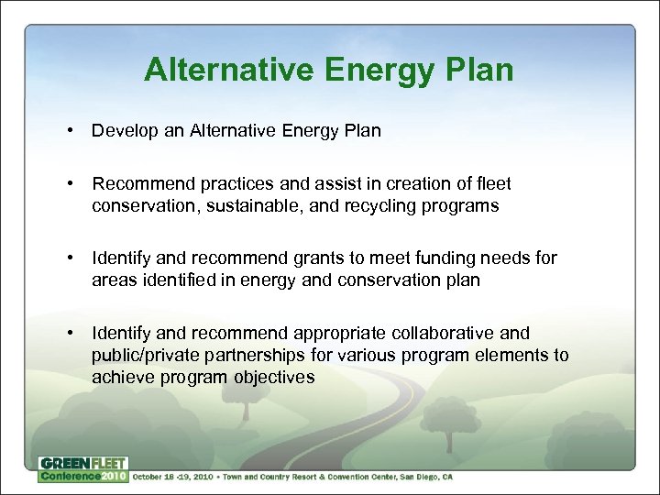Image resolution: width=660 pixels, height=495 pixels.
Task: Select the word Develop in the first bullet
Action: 122,130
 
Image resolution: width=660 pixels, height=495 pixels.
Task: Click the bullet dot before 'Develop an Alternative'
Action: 71,130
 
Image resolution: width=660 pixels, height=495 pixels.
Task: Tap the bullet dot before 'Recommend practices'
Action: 71,184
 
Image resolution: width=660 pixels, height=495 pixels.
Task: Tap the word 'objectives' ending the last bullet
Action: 273,377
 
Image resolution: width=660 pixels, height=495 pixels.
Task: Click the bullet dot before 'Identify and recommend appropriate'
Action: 71,333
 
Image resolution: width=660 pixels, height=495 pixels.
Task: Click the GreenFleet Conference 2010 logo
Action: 82,468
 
